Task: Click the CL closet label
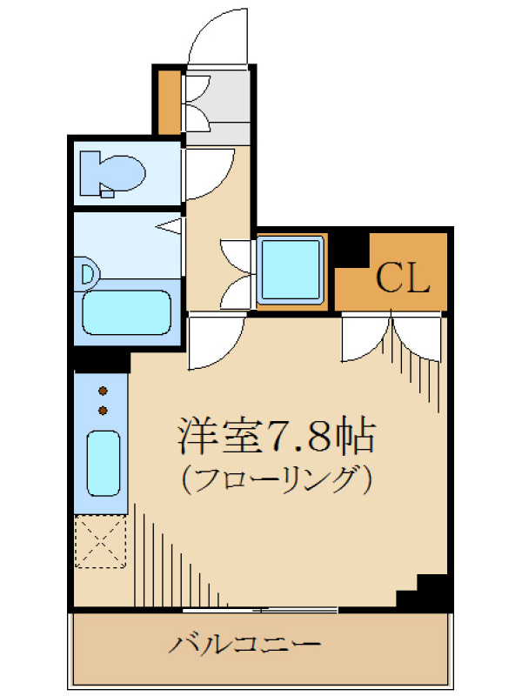[403, 278]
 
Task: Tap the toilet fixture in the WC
[112, 174]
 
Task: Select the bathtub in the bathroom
[127, 312]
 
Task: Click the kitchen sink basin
[104, 463]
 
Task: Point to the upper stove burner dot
[103, 391]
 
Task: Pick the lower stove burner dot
[103, 411]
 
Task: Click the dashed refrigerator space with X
[100, 541]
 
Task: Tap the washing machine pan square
[291, 270]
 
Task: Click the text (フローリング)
[277, 480]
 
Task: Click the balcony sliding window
[260, 611]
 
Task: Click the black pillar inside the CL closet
[352, 251]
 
